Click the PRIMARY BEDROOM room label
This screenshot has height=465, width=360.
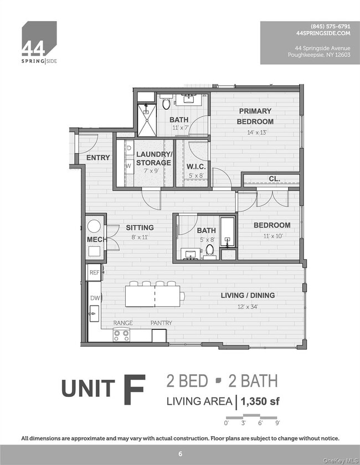[x=255, y=116]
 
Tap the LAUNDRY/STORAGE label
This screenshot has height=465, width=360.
[x=153, y=158]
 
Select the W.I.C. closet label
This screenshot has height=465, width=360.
[x=196, y=166]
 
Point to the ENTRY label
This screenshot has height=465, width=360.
[x=97, y=158]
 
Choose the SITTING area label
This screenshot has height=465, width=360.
[x=140, y=228]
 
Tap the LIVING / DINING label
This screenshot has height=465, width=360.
[x=248, y=296]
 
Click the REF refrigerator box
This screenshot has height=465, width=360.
[x=94, y=272]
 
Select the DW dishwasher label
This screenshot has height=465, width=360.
[x=95, y=298]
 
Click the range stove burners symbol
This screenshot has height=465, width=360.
[x=121, y=334]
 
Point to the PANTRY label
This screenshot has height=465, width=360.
[x=161, y=323]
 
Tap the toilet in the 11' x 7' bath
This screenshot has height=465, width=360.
[x=166, y=103]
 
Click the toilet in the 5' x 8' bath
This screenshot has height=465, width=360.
[x=210, y=250]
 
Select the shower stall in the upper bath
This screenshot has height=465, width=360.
[x=147, y=121]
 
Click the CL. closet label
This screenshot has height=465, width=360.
[x=274, y=179]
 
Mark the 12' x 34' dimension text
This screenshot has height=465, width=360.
[x=248, y=306]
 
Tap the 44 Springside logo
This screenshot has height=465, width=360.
[x=39, y=42]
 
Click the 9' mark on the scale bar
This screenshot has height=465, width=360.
[x=277, y=423]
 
